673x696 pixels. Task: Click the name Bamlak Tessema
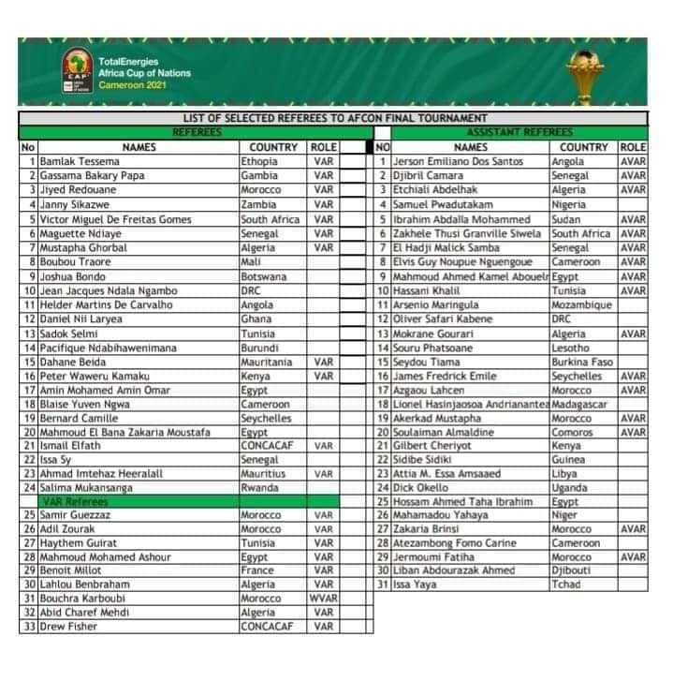click(74, 161)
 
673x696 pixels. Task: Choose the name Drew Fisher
click(68, 627)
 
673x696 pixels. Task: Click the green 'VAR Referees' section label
click(66, 502)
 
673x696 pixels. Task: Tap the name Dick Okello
click(422, 488)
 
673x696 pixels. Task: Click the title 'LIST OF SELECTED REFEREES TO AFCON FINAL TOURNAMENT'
click(334, 118)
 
